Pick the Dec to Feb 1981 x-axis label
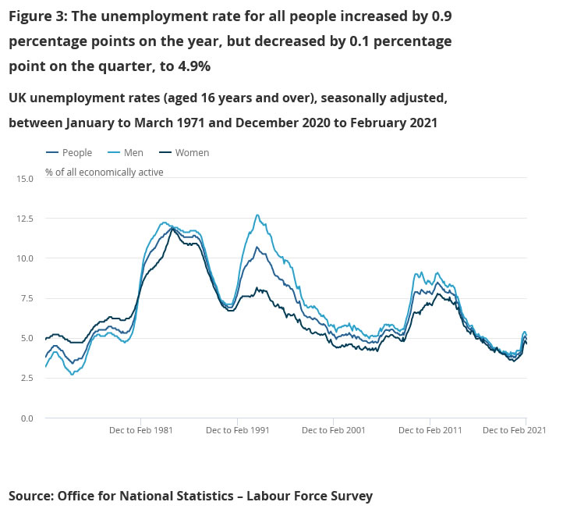coord(141,430)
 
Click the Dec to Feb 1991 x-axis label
coord(237,430)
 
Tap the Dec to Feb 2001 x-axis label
coord(333,430)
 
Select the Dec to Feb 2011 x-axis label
coord(430,430)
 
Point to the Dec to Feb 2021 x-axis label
coord(514,430)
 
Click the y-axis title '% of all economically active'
coord(104,172)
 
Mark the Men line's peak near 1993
coord(257,215)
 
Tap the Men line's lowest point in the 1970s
coord(73,375)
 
